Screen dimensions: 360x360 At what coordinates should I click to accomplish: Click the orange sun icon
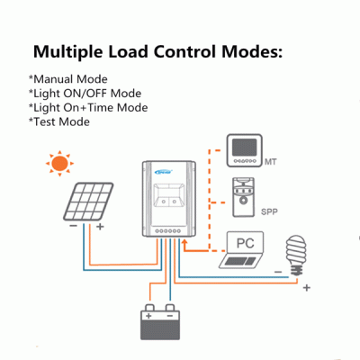click(59, 163)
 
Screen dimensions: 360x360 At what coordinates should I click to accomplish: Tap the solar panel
click(88, 202)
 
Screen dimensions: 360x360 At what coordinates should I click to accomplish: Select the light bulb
click(296, 256)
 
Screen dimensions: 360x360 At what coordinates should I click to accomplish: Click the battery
click(160, 321)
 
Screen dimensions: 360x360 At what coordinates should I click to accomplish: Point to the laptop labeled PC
click(241, 249)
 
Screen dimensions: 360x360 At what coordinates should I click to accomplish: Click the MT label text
click(271, 162)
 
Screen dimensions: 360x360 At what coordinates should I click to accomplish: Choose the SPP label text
click(269, 211)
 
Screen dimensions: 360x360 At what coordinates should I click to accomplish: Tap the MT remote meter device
click(244, 150)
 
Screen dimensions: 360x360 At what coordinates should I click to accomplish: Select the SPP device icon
click(244, 197)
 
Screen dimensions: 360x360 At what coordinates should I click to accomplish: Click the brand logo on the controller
click(164, 172)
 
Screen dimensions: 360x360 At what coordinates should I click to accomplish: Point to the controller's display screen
click(168, 195)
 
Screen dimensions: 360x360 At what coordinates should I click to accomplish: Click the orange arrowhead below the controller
click(184, 242)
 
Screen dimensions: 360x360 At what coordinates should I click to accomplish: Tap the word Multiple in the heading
click(67, 52)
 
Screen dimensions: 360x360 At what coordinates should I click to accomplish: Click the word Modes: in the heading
click(252, 51)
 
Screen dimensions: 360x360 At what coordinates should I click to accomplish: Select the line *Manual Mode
click(68, 79)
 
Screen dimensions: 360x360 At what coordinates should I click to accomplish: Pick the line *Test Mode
click(59, 121)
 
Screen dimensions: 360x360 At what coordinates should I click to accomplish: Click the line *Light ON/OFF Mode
click(85, 94)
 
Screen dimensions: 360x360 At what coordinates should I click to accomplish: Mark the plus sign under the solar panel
click(100, 226)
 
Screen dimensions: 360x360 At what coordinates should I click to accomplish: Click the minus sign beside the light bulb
click(278, 272)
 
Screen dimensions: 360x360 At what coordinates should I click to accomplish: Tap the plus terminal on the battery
click(148, 316)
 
